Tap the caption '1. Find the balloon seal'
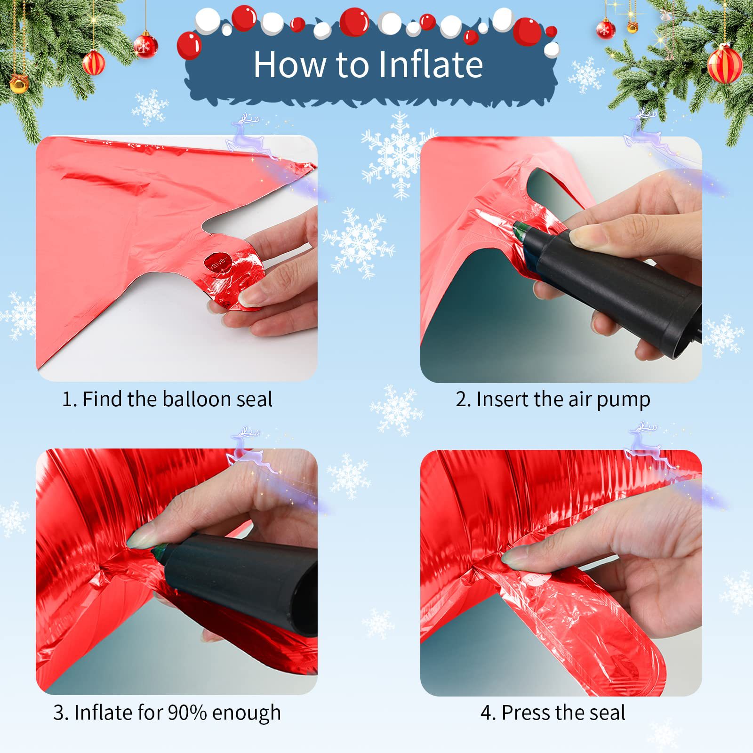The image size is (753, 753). pyautogui.click(x=168, y=399)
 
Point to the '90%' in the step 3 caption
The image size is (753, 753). pyautogui.click(x=187, y=713)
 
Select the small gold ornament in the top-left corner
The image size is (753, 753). pyautogui.click(x=19, y=84)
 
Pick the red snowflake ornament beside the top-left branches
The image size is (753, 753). pyautogui.click(x=145, y=45)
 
